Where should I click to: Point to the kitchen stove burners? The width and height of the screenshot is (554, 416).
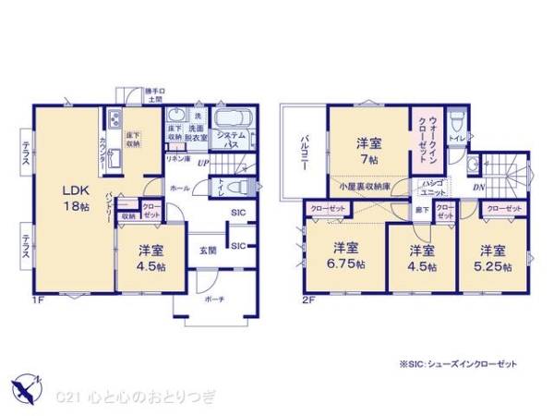pyautogui.click(x=114, y=119)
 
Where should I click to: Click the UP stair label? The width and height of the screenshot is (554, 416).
pyautogui.click(x=201, y=164)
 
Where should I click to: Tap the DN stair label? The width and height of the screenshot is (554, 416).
pyautogui.click(x=479, y=187)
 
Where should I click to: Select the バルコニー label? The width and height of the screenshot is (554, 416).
pyautogui.click(x=303, y=149)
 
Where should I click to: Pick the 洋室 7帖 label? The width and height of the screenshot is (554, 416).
pyautogui.click(x=370, y=151)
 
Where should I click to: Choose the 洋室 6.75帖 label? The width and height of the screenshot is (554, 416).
pyautogui.click(x=346, y=255)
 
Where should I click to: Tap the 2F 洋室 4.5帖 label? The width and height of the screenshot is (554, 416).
pyautogui.click(x=422, y=256)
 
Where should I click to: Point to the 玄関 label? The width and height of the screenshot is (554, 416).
pyautogui.click(x=208, y=250)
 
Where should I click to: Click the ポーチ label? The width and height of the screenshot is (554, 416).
pyautogui.click(x=214, y=301)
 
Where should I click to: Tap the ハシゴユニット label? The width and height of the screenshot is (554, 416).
pyautogui.click(x=430, y=189)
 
